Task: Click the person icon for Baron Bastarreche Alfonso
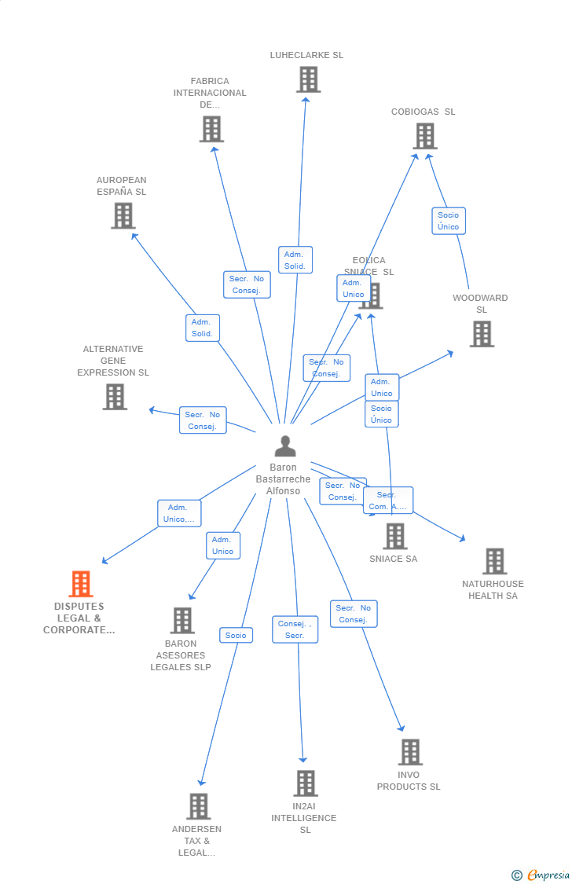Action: click(285, 446)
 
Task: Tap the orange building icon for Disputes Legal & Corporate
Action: click(81, 584)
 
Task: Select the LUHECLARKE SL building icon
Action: click(308, 79)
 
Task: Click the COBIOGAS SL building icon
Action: click(424, 136)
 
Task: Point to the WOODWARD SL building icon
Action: click(482, 334)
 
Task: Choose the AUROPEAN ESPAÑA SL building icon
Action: click(123, 215)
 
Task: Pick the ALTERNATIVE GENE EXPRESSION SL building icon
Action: click(115, 397)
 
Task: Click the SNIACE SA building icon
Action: click(394, 536)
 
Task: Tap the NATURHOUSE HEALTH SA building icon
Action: click(494, 561)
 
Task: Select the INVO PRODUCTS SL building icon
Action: click(409, 752)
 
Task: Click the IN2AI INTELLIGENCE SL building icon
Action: click(306, 783)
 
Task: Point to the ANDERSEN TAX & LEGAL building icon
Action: click(198, 806)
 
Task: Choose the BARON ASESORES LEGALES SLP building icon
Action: click(182, 620)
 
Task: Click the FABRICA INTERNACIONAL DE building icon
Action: click(211, 129)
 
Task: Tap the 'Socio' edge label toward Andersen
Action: click(236, 635)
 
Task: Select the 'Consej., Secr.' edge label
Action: click(295, 629)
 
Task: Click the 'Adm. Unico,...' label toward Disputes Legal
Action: click(179, 513)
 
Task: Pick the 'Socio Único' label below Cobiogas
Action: click(449, 221)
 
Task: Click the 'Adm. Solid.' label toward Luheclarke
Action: click(295, 260)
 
